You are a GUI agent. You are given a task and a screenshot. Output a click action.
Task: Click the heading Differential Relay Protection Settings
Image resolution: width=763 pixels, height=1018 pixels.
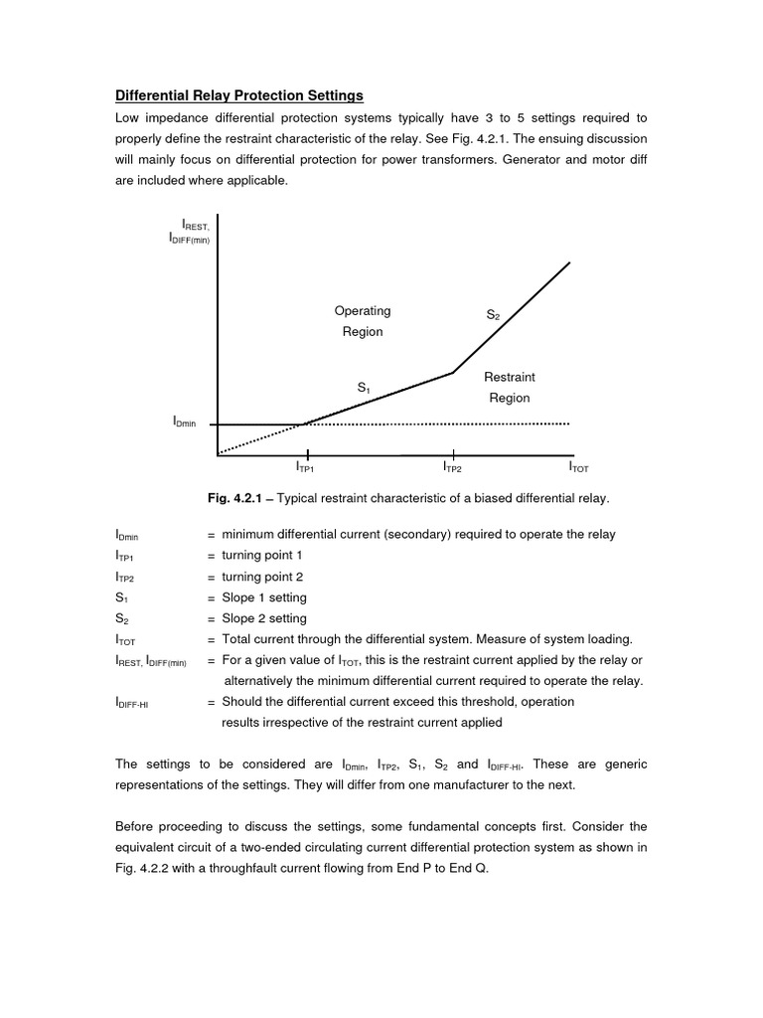click(239, 95)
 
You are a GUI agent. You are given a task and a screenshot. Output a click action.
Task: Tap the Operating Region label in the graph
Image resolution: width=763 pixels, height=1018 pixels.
click(363, 321)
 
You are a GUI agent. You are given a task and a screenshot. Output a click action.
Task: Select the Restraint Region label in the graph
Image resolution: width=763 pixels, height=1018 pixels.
click(509, 388)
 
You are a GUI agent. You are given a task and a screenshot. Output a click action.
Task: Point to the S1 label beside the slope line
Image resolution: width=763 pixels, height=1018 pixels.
click(364, 387)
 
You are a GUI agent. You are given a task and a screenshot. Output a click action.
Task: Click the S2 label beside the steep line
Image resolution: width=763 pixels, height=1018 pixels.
click(493, 314)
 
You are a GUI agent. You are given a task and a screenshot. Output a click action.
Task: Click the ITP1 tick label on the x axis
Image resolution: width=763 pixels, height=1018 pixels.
click(305, 466)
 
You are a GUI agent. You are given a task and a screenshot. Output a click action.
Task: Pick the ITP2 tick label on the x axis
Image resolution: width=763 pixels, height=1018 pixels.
click(452, 466)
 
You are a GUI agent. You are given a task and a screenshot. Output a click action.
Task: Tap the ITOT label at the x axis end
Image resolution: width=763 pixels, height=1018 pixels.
click(578, 466)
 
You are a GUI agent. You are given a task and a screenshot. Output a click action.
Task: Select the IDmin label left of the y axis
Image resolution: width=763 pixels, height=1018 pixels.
click(185, 424)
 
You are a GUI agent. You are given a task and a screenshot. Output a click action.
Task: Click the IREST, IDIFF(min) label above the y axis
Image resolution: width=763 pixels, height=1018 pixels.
click(189, 234)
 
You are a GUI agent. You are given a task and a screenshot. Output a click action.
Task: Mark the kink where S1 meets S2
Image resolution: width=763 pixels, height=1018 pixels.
click(453, 373)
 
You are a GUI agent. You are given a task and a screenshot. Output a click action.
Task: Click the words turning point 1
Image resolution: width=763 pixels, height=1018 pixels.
click(262, 555)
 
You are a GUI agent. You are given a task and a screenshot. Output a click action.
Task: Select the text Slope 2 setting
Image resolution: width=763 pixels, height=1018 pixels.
click(264, 618)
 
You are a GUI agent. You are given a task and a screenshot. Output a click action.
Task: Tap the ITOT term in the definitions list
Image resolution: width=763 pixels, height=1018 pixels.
click(126, 639)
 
